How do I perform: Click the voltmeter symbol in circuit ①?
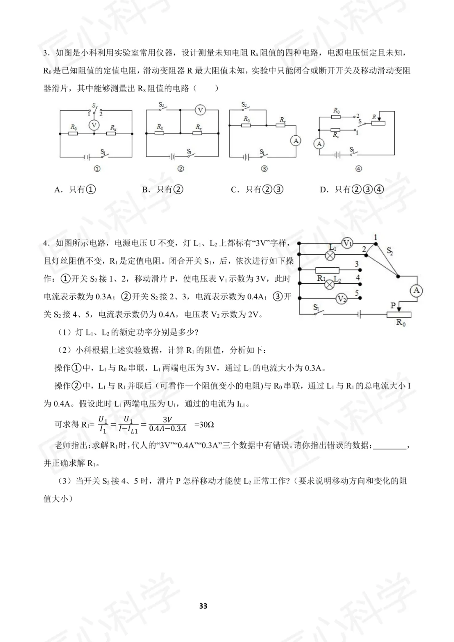pyautogui.click(x=94, y=125)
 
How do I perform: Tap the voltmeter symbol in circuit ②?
pyautogui.click(x=200, y=110)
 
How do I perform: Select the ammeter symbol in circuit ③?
pyautogui.click(x=296, y=141)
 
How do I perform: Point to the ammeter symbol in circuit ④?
pyautogui.click(x=319, y=144)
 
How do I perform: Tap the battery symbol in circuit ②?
pyautogui.click(x=172, y=157)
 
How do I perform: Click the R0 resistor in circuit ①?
pyautogui.click(x=73, y=134)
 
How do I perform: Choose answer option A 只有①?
pyautogui.click(x=75, y=190)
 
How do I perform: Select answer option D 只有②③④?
pyautogui.click(x=352, y=190)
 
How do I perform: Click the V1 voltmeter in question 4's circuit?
pyautogui.click(x=347, y=243)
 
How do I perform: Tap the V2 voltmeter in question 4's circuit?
pyautogui.click(x=341, y=299)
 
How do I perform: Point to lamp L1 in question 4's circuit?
pyautogui.click(x=331, y=254)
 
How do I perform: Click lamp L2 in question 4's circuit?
pyautogui.click(x=331, y=285)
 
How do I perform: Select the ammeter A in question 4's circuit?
pyautogui.click(x=416, y=291)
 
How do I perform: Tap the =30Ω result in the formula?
pyautogui.click(x=204, y=425)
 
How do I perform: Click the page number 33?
pyautogui.click(x=203, y=606)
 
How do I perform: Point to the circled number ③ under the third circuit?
pyautogui.click(x=264, y=169)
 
